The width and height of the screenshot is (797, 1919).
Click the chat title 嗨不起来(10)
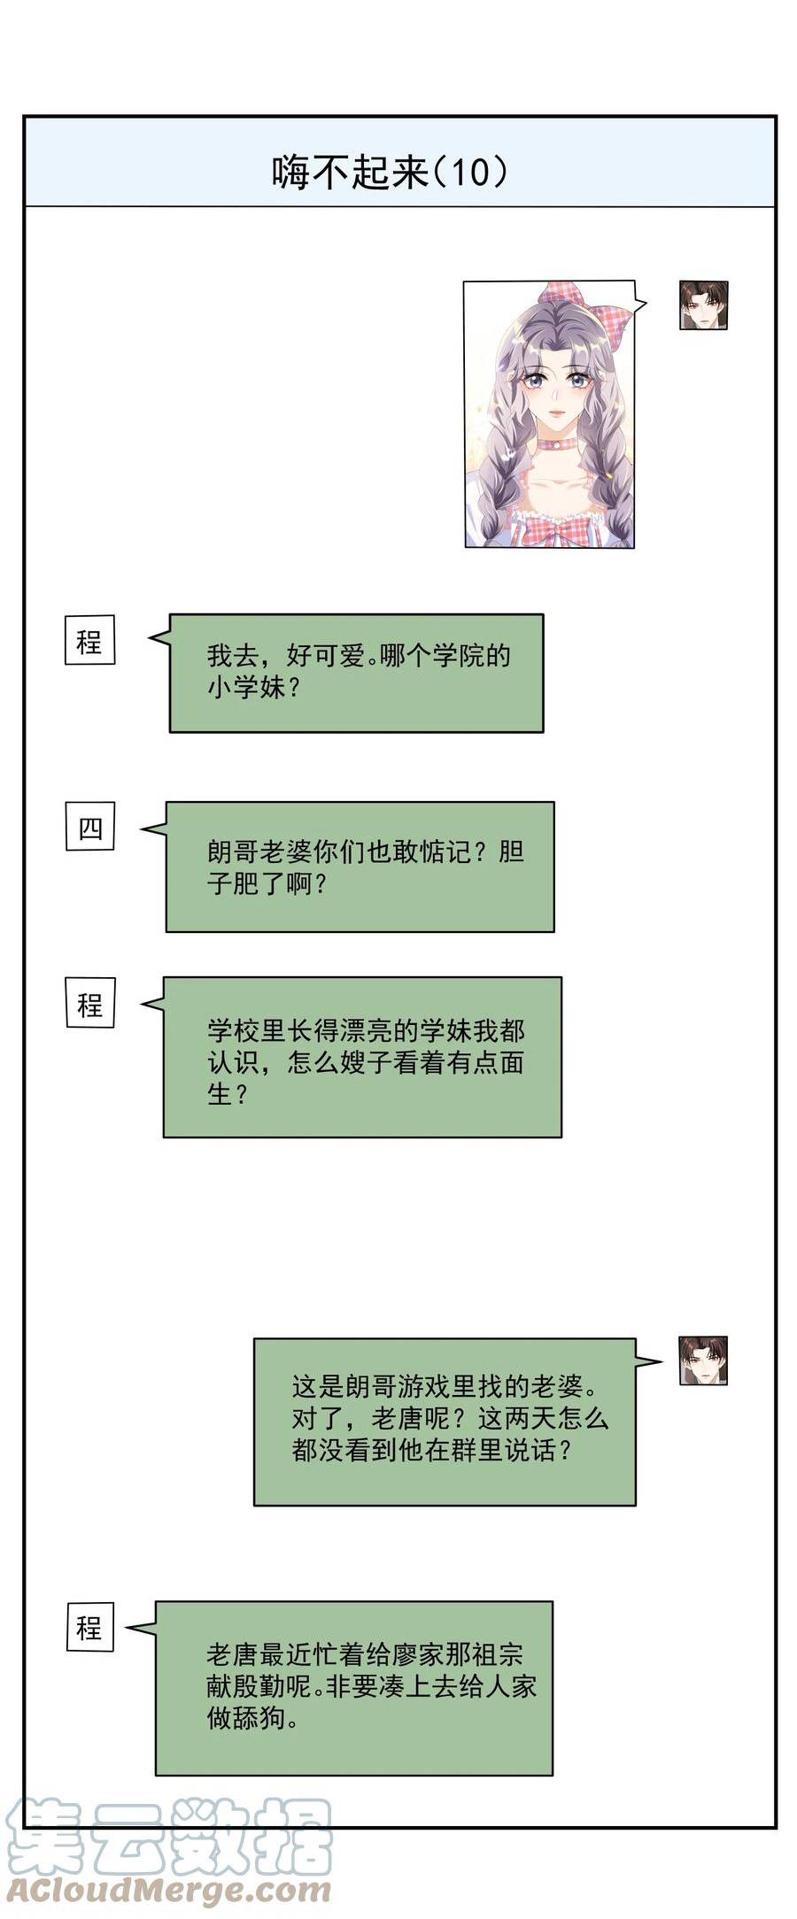tap(390, 172)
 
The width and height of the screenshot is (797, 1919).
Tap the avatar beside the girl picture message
tap(703, 305)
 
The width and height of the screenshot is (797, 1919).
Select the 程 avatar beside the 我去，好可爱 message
tap(89, 640)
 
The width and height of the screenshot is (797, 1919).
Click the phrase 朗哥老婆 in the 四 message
tap(259, 852)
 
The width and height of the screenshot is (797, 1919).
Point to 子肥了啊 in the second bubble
tap(259, 883)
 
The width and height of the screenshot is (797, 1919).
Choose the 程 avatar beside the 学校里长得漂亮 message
tap(89, 1003)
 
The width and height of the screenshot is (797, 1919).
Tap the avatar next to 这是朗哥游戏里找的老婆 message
tap(703, 1360)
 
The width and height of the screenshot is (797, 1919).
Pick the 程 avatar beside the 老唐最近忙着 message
tap(89, 1626)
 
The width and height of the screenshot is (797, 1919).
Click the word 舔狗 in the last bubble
tap(260, 1718)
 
